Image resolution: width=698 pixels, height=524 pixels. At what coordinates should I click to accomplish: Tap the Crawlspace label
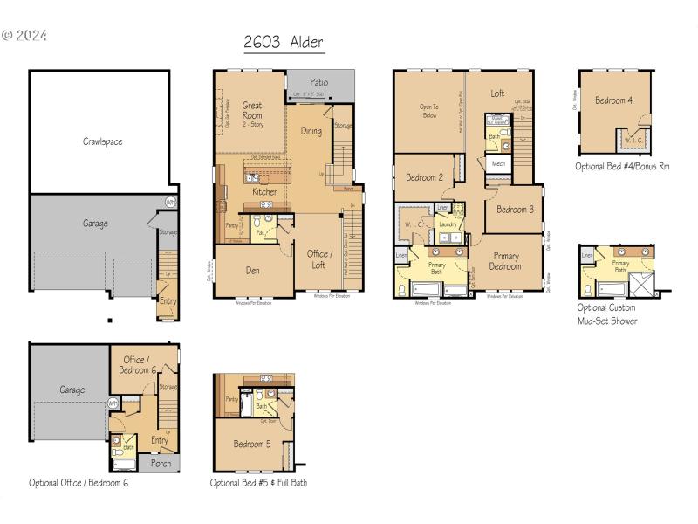[x=103, y=141]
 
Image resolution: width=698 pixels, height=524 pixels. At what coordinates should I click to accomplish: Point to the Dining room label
[x=311, y=132]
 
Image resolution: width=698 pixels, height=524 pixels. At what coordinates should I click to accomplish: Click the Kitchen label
[x=265, y=191]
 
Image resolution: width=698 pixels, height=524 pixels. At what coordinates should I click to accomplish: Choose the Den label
[x=253, y=269]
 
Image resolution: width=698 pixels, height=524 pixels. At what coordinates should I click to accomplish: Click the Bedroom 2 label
[x=424, y=178]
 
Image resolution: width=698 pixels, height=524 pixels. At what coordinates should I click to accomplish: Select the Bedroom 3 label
[x=515, y=210]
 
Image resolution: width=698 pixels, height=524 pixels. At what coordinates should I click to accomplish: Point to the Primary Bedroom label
[x=505, y=261]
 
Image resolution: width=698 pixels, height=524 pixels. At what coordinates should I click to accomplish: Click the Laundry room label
[x=449, y=224]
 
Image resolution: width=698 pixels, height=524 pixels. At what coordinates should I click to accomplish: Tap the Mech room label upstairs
[x=498, y=163]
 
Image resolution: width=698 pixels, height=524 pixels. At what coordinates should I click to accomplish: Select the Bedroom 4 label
[x=613, y=100]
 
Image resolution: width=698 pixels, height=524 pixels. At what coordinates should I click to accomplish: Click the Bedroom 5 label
[x=251, y=444]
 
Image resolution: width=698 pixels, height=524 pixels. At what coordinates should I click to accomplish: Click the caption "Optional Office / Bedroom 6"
[x=79, y=482]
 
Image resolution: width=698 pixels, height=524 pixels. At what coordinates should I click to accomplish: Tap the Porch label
[x=161, y=463]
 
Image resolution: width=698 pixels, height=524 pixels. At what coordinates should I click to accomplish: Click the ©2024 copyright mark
[x=25, y=36]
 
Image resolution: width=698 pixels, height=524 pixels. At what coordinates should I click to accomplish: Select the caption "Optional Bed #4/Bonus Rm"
[x=622, y=166]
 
